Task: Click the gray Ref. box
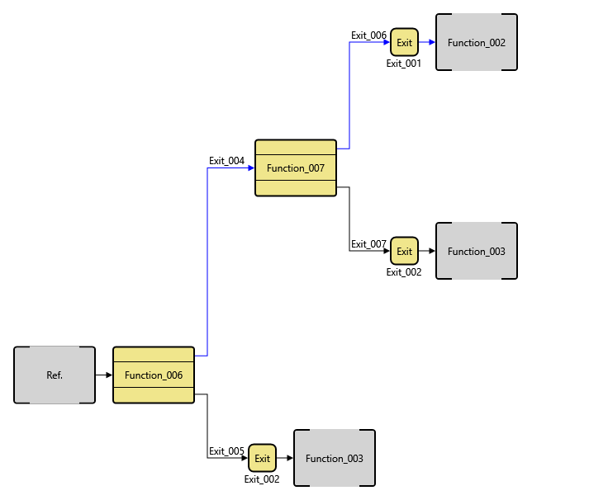point(55,375)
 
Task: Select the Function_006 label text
point(154,375)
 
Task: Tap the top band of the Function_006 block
point(154,354)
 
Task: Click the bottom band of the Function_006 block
point(154,394)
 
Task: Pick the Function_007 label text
point(296,168)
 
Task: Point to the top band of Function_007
point(296,148)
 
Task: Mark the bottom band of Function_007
point(296,187)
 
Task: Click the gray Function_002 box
point(477,42)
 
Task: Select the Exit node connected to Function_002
point(404,42)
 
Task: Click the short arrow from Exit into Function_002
point(426,42)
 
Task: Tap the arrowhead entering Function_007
point(251,168)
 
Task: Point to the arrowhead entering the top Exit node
point(387,42)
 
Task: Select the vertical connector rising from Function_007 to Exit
point(349,95)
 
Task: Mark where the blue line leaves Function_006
point(199,356)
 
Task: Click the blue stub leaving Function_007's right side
point(342,149)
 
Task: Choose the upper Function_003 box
point(477,251)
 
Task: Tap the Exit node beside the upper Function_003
point(404,251)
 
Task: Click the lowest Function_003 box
point(335,458)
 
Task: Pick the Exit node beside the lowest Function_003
point(262,458)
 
